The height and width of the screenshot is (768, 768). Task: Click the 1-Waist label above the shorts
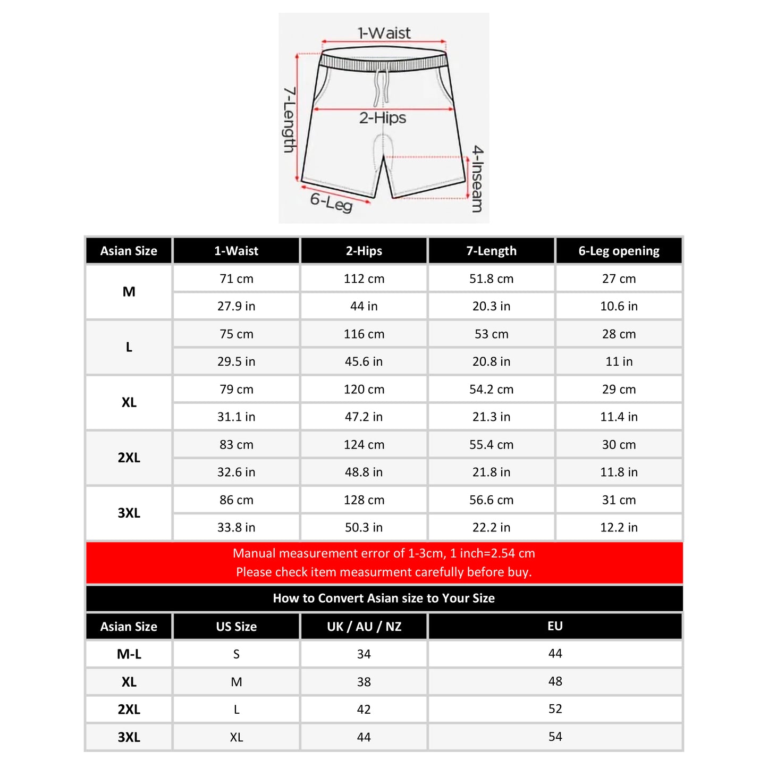[x=384, y=33]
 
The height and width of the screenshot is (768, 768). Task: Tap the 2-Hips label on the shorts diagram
[x=383, y=118]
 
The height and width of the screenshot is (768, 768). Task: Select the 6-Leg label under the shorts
[x=332, y=202]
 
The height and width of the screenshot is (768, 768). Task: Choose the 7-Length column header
[x=491, y=251]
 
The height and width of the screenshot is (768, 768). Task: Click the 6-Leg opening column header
[x=619, y=251]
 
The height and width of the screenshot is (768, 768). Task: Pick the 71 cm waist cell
[x=236, y=278]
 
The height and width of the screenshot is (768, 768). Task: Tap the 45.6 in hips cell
[x=364, y=361]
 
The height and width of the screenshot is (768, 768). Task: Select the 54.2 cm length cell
[x=491, y=389]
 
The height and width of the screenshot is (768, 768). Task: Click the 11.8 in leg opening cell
[x=619, y=472]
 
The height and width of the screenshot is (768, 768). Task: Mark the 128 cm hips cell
[x=364, y=500]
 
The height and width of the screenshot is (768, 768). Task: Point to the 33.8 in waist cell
[x=236, y=527]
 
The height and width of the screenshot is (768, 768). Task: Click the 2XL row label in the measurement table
[x=129, y=458]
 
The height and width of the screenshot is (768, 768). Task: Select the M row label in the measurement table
[x=129, y=292]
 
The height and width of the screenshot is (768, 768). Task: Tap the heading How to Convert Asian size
[x=384, y=598]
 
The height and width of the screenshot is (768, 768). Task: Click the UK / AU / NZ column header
[x=364, y=626]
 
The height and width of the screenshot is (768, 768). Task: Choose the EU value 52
[x=555, y=709]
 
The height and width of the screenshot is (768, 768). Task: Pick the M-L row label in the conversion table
[x=129, y=654]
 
